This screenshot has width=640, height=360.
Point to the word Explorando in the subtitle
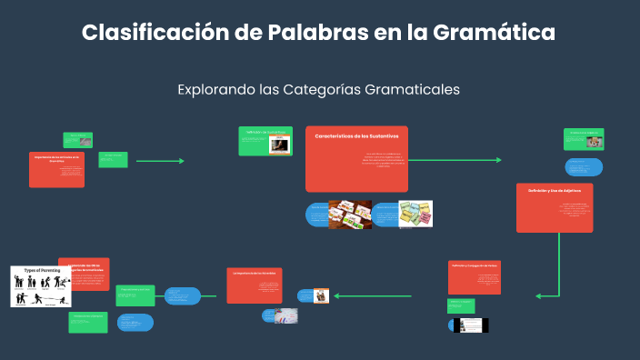click(215, 90)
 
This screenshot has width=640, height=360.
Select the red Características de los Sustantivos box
click(356, 158)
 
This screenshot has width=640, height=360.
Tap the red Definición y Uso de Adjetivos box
click(554, 207)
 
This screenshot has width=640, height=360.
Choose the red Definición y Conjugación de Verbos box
click(474, 277)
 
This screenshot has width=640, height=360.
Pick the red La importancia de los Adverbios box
click(254, 285)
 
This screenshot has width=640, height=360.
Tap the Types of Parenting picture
click(41, 286)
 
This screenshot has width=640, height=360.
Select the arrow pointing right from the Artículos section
click(160, 161)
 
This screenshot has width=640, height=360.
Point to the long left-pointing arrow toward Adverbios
click(373, 295)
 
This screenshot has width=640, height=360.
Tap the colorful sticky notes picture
click(415, 215)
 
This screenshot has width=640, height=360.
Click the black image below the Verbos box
click(473, 325)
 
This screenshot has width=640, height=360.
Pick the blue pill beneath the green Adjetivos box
click(583, 167)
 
